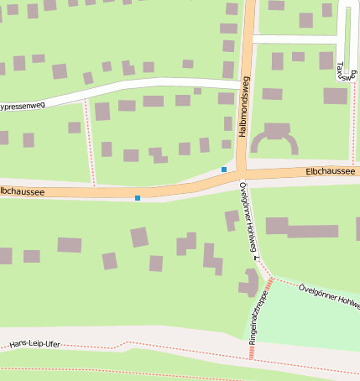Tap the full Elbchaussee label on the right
point(331,171)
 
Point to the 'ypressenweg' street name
point(21,107)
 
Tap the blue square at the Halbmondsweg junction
point(224,170)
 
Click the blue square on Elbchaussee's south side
point(138,198)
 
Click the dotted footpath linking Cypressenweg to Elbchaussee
point(89,143)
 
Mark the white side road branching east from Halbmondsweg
point(294,39)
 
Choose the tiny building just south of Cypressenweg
point(197,91)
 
